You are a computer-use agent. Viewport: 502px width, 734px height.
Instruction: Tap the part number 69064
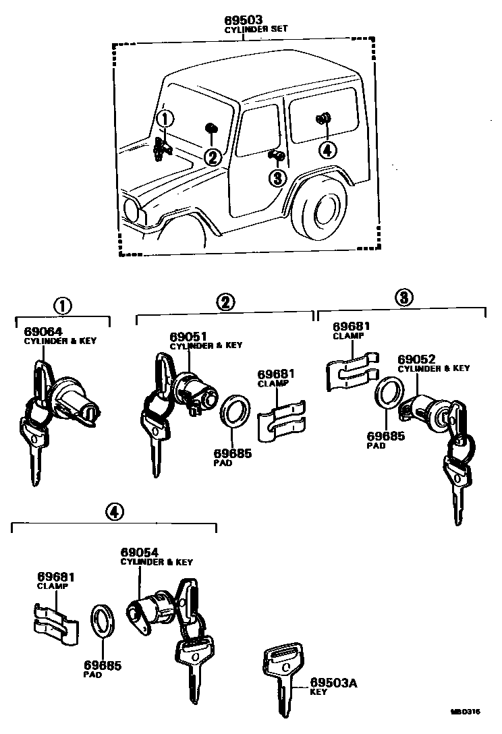click(x=43, y=331)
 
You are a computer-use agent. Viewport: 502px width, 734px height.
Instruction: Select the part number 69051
click(x=188, y=336)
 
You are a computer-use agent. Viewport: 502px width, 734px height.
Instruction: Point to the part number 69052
click(x=416, y=359)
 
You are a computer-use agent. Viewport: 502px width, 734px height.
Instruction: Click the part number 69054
click(x=140, y=553)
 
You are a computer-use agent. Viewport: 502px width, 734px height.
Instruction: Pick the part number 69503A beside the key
click(x=333, y=683)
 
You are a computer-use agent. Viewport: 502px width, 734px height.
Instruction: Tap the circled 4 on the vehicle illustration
click(x=327, y=150)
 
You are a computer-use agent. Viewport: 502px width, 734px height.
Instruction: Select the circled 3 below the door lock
click(x=277, y=177)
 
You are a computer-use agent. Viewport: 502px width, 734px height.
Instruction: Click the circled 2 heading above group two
click(x=225, y=302)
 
